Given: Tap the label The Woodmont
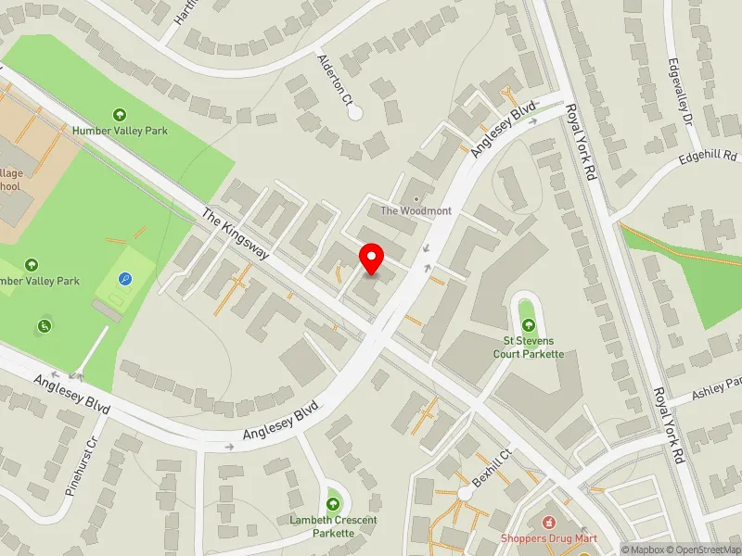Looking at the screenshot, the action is pyautogui.click(x=416, y=211).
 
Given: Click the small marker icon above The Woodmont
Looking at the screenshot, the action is pyautogui.click(x=416, y=198).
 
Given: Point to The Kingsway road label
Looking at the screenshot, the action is pyautogui.click(x=235, y=234).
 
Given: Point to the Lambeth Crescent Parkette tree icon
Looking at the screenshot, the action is pyautogui.click(x=333, y=504).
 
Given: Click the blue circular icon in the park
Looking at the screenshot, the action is pyautogui.click(x=124, y=278).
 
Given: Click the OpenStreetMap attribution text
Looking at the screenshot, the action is pyautogui.click(x=708, y=550).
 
